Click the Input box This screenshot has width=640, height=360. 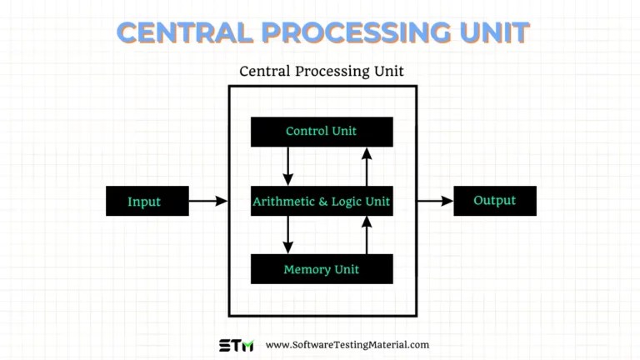144,202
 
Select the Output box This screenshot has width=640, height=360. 494,201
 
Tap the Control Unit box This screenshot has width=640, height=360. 321,132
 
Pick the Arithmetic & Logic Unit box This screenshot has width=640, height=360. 321,202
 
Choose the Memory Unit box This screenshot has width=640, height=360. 321,270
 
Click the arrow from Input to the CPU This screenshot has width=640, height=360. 207,201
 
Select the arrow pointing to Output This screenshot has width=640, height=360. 434,201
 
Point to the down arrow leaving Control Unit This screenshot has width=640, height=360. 288,166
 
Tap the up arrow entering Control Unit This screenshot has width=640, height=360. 366,166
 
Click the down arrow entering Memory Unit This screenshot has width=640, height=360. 288,234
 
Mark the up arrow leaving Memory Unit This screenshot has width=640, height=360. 366,234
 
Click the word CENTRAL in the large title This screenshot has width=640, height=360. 186,32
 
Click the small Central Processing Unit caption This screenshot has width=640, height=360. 321,71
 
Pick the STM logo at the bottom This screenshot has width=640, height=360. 236,345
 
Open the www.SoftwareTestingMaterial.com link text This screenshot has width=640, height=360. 347,345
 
